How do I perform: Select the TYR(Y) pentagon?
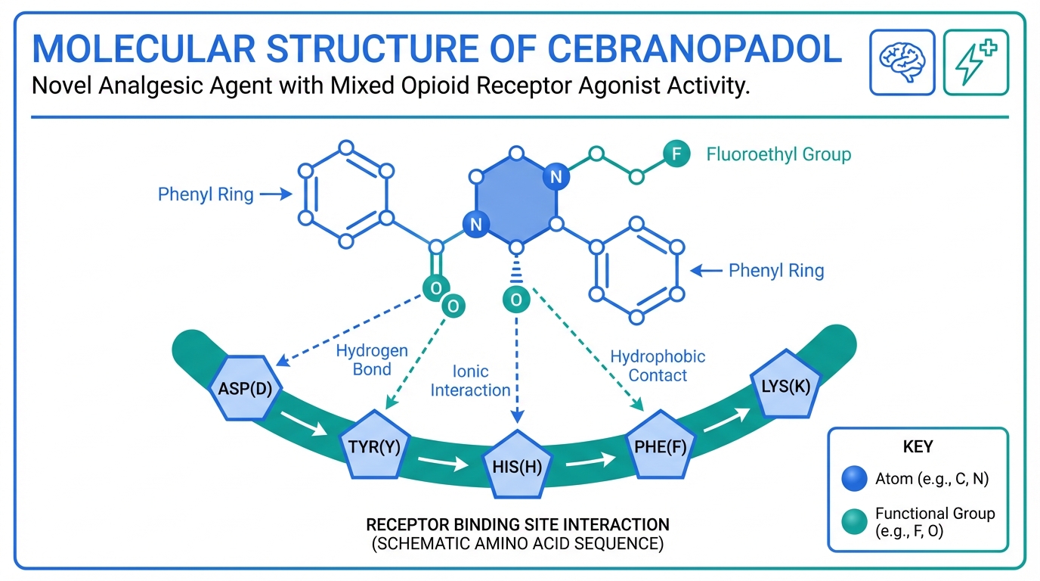coord(374,445)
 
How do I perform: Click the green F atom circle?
coord(676,155)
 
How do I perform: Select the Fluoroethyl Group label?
coord(778,155)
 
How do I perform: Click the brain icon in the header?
coord(902,63)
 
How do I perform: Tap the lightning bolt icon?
coord(976,63)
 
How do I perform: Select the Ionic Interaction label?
coord(470,381)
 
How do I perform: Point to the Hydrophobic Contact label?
coord(658,365)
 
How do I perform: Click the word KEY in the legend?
coord(918,446)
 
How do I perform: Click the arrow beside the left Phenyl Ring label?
coord(276,195)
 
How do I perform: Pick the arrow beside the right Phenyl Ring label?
coord(707,270)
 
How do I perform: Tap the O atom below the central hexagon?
coord(516,300)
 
